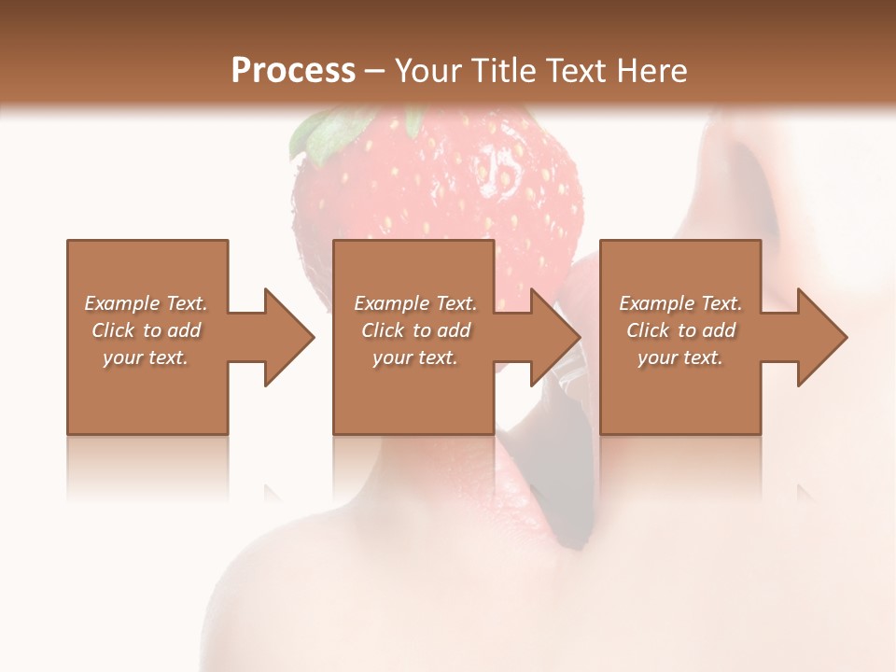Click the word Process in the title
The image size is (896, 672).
(293, 71)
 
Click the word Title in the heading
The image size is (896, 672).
(500, 71)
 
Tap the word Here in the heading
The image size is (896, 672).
(651, 71)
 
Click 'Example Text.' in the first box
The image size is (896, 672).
(146, 303)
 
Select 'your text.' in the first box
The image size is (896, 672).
(146, 357)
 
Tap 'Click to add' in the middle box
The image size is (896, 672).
(415, 330)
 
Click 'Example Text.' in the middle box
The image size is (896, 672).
(415, 303)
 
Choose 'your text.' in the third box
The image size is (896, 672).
(679, 357)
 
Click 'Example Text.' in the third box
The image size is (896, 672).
(680, 303)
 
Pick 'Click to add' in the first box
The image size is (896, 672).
(146, 330)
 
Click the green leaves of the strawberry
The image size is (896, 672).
(321, 132)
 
